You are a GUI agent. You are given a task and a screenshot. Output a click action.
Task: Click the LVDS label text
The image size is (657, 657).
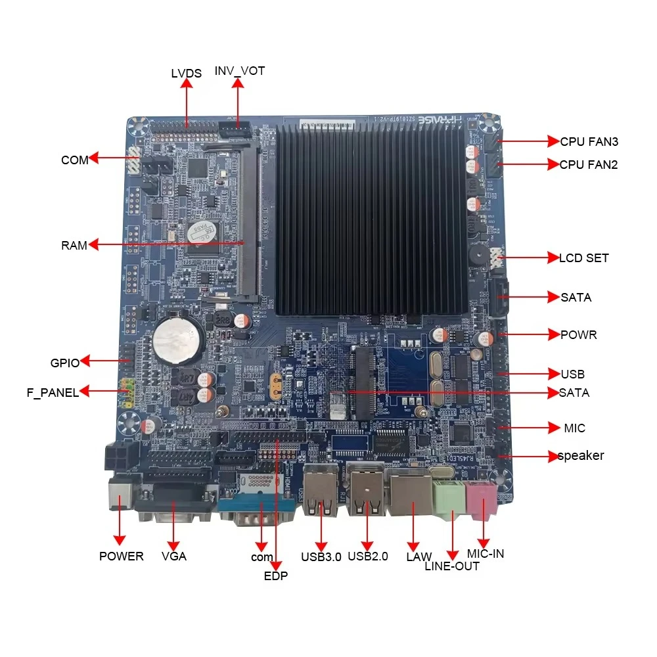pos(186,74)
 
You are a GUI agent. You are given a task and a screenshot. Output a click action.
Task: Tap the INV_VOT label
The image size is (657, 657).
pos(240,71)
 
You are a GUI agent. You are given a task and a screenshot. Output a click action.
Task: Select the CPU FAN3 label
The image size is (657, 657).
pos(589,141)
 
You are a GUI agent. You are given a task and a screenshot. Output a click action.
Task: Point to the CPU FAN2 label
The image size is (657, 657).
pos(589,165)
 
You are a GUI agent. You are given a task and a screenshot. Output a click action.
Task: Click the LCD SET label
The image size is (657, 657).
pos(583,258)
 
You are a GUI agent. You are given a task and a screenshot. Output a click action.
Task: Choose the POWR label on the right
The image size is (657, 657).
pos(578,335)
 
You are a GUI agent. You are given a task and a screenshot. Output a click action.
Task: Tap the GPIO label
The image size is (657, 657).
pos(64,363)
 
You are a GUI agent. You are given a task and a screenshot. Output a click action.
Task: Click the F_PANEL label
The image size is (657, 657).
pos(53,393)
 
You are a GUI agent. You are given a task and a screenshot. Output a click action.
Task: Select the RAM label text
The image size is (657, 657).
pos(74,246)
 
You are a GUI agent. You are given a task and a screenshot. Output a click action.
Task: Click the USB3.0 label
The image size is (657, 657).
pos(321,557)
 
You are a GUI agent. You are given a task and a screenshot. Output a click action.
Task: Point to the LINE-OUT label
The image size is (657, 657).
pos(452,566)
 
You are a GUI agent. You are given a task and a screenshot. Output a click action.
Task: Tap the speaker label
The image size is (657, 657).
pos(581,456)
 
